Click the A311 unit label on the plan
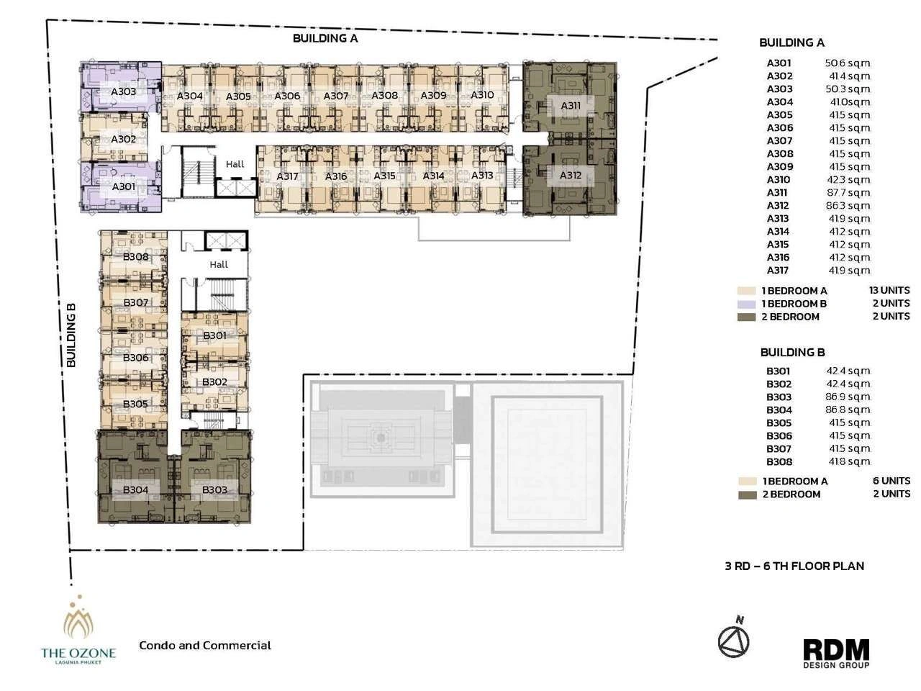click(571, 106)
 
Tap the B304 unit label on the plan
click(135, 489)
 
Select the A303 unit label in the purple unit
click(123, 91)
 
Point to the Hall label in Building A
click(235, 164)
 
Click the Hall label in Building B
click(219, 264)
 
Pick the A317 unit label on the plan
click(287, 176)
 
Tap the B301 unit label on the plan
click(214, 335)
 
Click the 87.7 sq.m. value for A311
click(848, 193)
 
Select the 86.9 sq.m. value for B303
click(848, 397)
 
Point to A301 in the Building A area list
click(779, 63)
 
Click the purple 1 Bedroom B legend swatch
click(746, 304)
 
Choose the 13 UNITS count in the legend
click(889, 290)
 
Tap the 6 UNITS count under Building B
click(891, 481)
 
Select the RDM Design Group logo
click(836, 654)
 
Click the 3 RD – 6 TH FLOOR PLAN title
click(794, 566)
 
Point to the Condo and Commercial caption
click(205, 645)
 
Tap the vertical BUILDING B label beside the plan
click(72, 335)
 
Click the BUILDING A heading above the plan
click(325, 38)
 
